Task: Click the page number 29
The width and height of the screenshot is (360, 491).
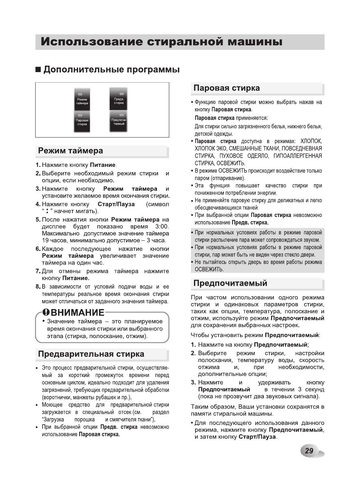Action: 309,451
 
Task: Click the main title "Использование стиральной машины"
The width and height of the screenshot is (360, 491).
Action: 162,42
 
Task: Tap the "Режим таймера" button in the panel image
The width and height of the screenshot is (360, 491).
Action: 82,99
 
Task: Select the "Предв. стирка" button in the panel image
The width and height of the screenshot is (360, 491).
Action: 118,99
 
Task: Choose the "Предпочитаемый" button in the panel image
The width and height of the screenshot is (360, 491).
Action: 118,122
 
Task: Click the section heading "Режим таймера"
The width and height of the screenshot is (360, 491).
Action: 71,151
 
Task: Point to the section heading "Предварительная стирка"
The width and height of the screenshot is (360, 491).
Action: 91,354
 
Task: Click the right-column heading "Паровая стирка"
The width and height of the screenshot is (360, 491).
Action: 226,88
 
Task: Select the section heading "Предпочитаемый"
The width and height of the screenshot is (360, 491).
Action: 230,283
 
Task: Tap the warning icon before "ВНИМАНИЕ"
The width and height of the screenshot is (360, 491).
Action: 46,312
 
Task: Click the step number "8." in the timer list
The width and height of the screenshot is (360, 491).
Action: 38,287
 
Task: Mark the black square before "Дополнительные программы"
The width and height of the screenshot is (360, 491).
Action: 38,70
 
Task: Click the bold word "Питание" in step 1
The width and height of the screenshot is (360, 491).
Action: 103,165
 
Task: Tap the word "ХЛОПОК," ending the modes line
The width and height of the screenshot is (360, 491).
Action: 311,141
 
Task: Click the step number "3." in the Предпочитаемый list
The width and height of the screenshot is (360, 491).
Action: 193,382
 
